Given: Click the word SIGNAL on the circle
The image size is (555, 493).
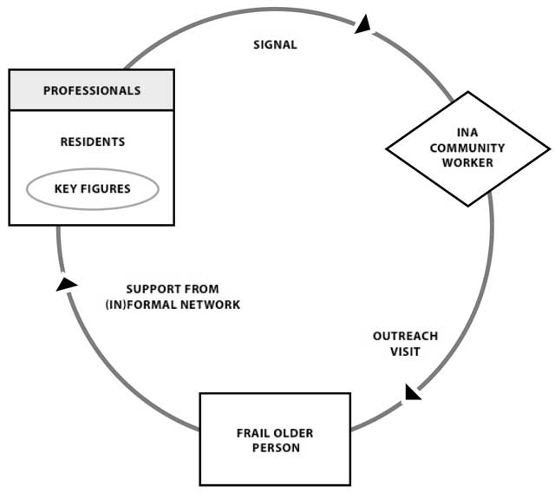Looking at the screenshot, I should click(275, 45).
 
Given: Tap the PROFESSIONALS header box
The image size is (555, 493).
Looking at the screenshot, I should click(92, 90).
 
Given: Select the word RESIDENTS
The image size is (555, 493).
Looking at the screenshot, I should click(92, 141).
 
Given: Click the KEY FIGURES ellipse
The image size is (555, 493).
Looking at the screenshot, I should click(92, 189).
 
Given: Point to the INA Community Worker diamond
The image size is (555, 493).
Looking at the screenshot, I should click(467, 148).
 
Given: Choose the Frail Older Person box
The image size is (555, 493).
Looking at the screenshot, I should click(276, 440).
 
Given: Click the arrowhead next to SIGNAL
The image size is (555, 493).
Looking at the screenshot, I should click(363, 24).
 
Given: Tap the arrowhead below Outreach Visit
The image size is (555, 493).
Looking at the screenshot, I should click(413, 391).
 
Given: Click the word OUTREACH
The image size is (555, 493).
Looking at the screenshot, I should click(405, 337).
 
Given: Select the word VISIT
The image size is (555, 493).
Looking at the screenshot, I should click(405, 352).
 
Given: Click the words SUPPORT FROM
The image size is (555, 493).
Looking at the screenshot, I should click(173, 289).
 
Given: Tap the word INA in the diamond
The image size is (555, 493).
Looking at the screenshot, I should click(467, 134).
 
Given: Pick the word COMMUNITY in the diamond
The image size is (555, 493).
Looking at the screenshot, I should click(467, 148).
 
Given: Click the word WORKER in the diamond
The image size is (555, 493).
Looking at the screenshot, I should click(467, 162).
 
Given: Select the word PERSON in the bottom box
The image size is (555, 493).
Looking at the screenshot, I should click(276, 448).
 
